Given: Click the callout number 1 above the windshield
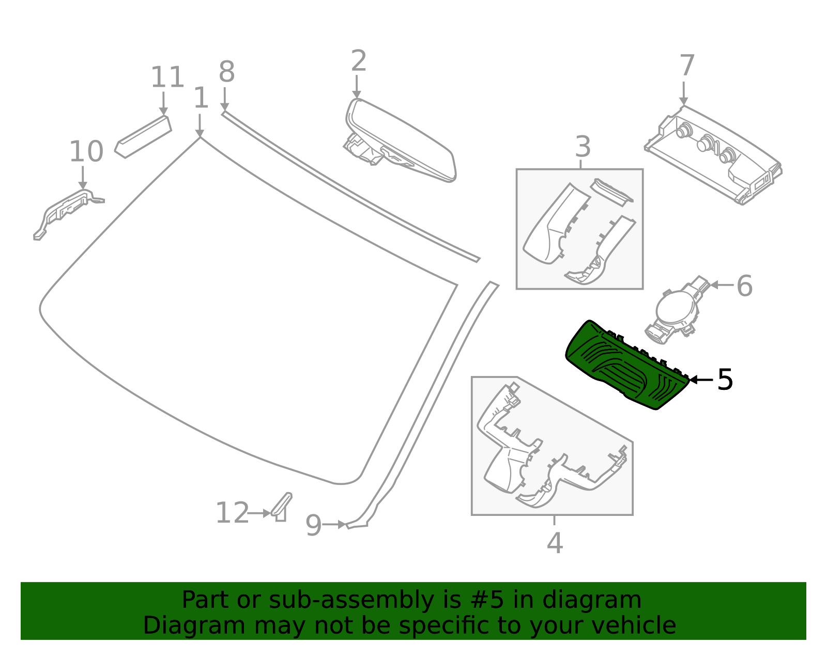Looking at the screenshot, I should click(x=201, y=98).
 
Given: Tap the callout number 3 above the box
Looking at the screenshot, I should click(x=583, y=147).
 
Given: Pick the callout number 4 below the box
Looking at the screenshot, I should click(x=555, y=543).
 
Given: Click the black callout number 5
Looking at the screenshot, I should click(x=725, y=380).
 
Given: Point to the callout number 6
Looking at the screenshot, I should click(x=744, y=286).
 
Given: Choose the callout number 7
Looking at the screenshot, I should click(x=686, y=66).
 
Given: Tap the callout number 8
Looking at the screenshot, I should click(x=226, y=72).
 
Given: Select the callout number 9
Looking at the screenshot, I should click(x=313, y=526).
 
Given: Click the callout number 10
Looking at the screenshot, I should click(x=86, y=152).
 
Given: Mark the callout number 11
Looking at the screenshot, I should click(x=167, y=77).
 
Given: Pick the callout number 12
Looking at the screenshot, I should click(x=232, y=513).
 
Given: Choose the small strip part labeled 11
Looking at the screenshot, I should click(x=143, y=136).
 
